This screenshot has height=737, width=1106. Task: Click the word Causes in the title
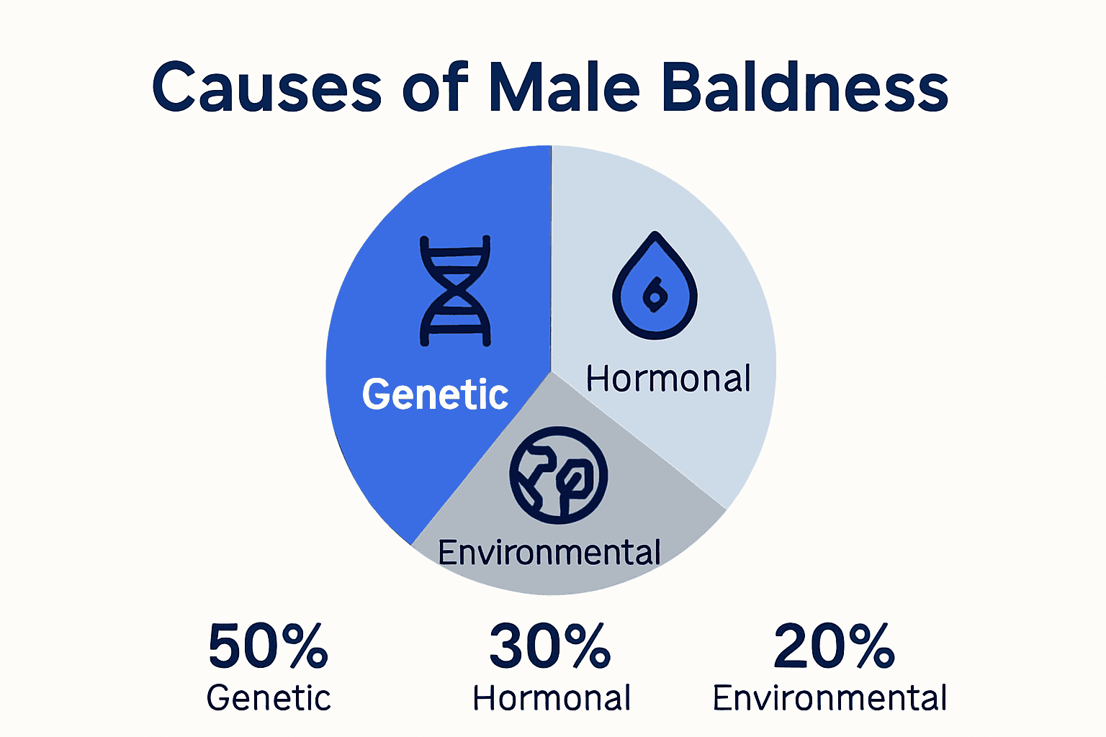266,88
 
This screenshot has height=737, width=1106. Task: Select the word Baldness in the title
804,88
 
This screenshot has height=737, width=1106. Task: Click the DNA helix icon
455,291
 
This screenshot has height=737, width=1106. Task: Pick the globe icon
559,476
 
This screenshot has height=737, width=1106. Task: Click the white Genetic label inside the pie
435,394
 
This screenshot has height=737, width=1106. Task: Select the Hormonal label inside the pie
668,379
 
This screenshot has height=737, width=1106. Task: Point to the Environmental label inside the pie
549,553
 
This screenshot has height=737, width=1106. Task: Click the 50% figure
268,646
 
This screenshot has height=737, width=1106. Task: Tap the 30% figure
550,646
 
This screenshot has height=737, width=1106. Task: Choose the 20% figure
834,646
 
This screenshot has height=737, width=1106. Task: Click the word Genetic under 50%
269,698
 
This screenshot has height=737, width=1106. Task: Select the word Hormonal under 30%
552,698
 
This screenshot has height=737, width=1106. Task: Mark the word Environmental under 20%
829,698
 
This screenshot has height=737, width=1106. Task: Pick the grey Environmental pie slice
634,533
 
